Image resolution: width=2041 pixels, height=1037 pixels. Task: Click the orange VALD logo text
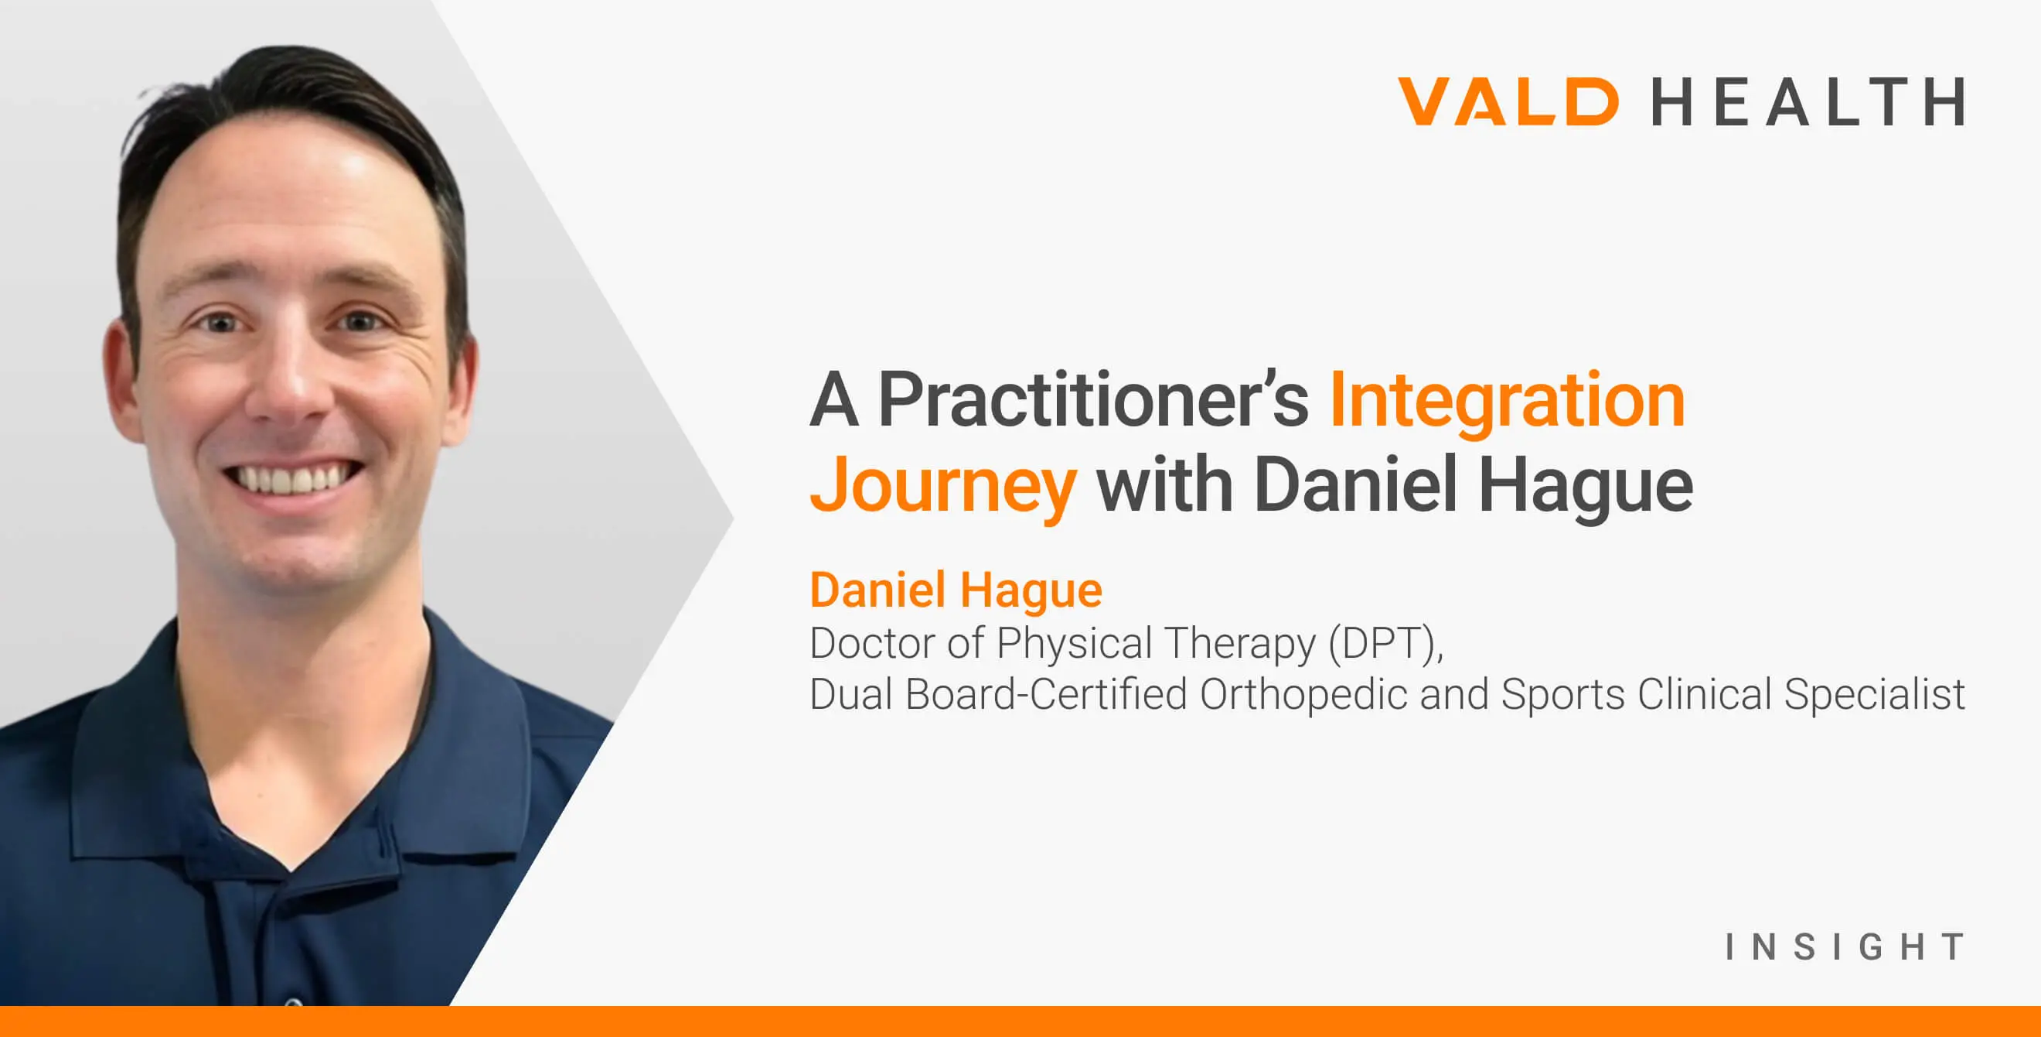tap(1508, 101)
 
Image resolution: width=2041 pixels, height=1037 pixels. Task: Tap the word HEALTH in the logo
tap(1808, 101)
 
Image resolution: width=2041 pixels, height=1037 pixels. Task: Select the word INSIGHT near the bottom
tap(1845, 946)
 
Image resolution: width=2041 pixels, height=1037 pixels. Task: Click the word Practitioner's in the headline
tap(1093, 400)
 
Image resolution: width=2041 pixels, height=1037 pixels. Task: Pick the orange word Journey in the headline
tap(942, 486)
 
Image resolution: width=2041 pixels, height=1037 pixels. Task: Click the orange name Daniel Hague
tap(956, 590)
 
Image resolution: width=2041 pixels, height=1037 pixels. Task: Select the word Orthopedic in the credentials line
tap(1304, 694)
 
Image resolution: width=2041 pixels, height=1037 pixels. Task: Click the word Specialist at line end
tap(1874, 695)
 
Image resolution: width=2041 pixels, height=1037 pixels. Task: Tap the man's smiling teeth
tap(291, 480)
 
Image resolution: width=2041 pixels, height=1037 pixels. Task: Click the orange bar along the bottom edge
tap(1020, 1022)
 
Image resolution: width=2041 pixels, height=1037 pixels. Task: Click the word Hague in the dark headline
tap(1586, 486)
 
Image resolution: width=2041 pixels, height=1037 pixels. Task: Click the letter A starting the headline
tap(834, 400)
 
